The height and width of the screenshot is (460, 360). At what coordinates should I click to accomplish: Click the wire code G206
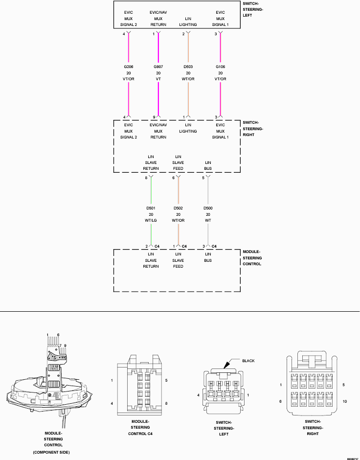[x=129, y=66]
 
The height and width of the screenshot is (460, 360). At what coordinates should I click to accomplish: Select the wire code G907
[x=158, y=66]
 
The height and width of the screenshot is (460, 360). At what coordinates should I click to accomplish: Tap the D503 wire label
[x=188, y=66]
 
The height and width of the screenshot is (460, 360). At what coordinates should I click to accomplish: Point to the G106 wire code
[x=221, y=66]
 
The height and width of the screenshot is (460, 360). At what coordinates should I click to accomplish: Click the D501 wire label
[x=151, y=208]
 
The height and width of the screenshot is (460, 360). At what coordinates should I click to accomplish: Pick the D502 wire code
[x=179, y=208]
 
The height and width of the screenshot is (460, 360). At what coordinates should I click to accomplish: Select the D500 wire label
[x=208, y=208]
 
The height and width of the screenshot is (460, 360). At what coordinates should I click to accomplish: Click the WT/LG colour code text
[x=151, y=220]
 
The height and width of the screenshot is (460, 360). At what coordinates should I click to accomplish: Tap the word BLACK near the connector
[x=248, y=361]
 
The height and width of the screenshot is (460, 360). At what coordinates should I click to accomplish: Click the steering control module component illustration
[x=49, y=387]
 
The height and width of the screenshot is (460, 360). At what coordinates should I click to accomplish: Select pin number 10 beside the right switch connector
[x=346, y=401]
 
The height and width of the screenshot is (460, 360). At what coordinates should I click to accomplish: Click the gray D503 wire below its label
[x=188, y=98]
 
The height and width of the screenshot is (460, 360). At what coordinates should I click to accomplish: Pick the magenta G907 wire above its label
[x=158, y=49]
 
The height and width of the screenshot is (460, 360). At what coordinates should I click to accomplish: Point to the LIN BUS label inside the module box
[x=208, y=257]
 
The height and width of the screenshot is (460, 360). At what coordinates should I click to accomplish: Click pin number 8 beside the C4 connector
[x=167, y=403]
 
